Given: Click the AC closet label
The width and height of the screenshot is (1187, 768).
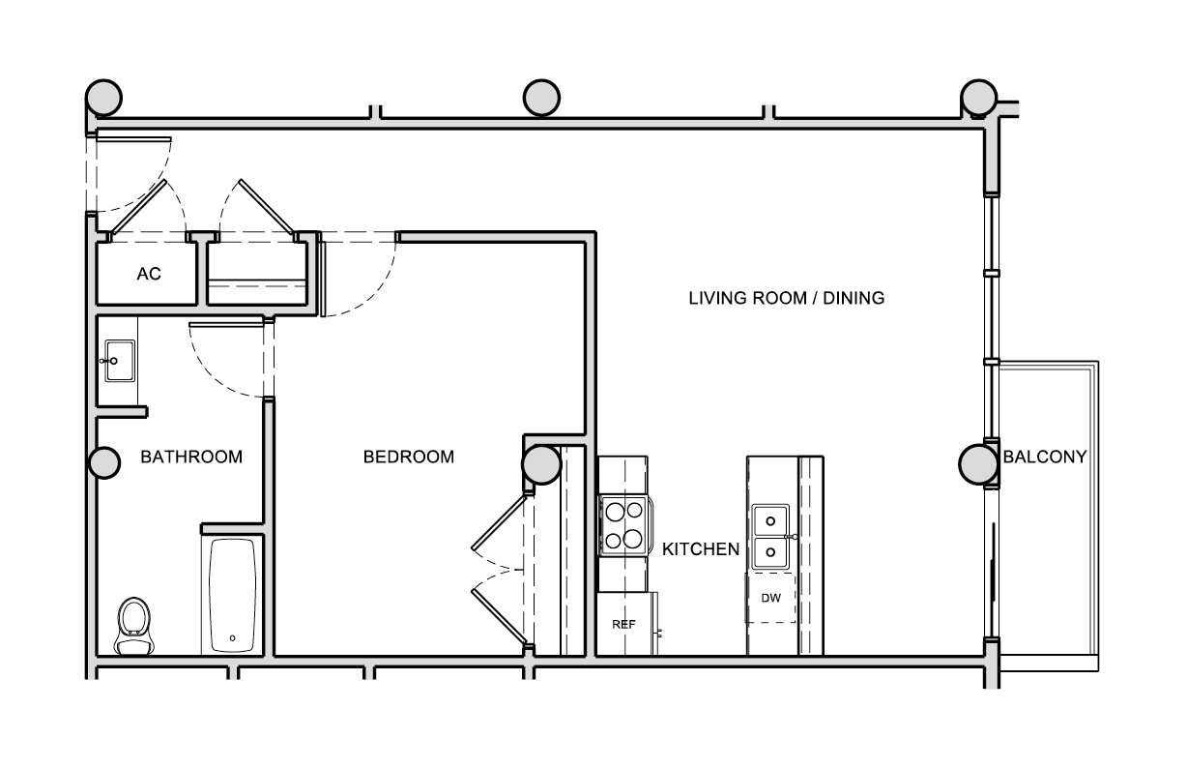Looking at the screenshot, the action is pos(149,274).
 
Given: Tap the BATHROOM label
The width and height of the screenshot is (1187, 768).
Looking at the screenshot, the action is pos(191,457).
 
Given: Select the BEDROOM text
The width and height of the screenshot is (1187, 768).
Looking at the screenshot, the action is pos(409,457).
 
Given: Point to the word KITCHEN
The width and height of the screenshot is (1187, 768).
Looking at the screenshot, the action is pos(701,549).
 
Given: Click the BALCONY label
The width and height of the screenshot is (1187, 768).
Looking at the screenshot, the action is pos(1045,457).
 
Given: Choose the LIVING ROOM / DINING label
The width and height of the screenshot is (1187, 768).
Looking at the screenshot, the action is pos(787,298).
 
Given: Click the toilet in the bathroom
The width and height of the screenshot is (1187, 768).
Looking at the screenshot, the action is pos(134,626).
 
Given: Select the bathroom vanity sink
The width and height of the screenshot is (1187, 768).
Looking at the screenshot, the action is pos(119,361).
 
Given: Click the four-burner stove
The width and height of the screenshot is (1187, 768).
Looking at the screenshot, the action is pos(624,525).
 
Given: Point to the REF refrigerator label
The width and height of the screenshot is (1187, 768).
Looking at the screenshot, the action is pos(623,624).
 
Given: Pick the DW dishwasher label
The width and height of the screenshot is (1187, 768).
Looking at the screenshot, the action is pos(771,598).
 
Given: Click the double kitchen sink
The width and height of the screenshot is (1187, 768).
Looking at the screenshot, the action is pos(771,537).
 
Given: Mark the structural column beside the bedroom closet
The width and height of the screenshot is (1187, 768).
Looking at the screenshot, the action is pos(541,464).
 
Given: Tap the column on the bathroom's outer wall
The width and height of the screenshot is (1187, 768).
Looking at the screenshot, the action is pos(103,462).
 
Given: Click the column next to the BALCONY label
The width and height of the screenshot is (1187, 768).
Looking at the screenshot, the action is pos(978,464).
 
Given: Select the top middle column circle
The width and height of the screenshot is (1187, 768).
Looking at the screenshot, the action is pos(541,98).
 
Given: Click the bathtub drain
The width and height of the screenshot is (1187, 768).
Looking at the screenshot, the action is pos(232,638).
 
